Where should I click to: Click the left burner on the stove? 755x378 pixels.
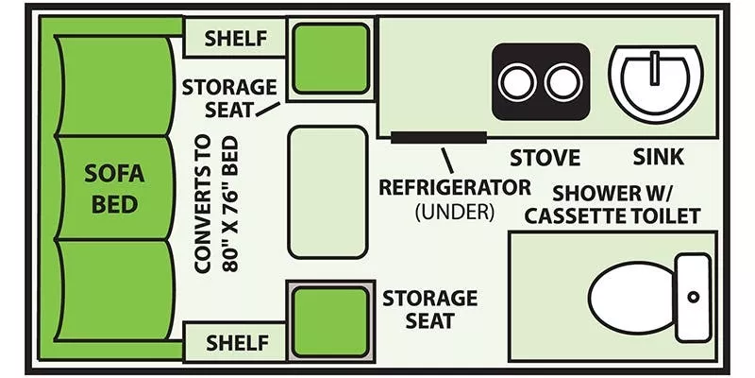517,83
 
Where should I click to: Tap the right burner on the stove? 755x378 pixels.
563,83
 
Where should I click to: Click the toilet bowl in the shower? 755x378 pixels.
631,297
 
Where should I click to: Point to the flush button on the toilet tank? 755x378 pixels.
693,297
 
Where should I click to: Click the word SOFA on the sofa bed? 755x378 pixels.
113,176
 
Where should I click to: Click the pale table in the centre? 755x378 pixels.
327,192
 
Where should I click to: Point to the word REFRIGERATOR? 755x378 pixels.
455,186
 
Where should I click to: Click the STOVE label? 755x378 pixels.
545,157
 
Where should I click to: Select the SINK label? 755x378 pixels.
659,157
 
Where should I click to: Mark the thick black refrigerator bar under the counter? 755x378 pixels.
439,137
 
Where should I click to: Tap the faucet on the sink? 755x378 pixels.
652,66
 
